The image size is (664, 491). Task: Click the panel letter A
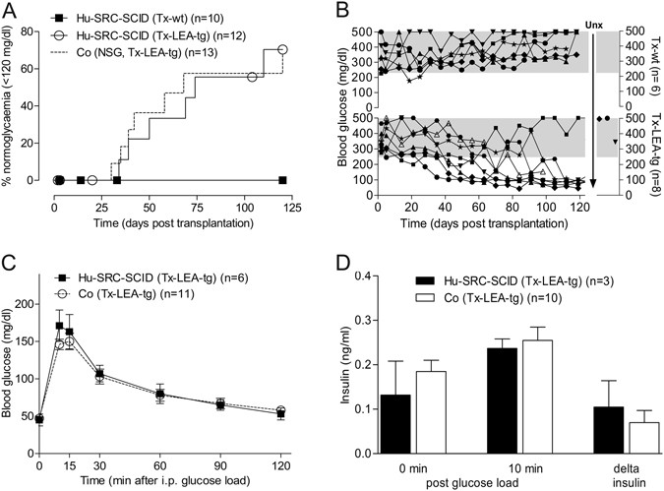12,11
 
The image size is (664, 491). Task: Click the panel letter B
342,11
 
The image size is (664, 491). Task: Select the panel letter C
12,264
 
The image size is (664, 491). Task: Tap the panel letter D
342,264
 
